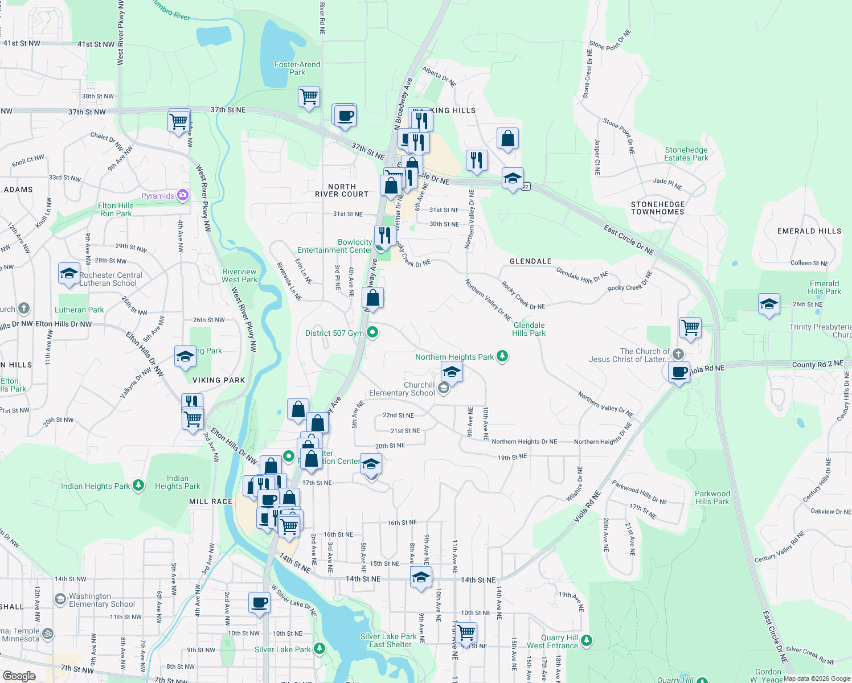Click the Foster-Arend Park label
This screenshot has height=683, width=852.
(297, 68)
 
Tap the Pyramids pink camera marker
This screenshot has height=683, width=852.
(183, 195)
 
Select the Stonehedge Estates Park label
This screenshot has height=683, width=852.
(686, 154)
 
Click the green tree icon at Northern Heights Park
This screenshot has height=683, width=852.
(502, 356)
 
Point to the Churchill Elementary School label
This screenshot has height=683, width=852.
(402, 389)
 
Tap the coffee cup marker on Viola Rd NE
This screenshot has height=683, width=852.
(679, 373)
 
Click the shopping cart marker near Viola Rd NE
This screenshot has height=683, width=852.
(690, 328)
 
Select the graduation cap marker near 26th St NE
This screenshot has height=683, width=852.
(768, 304)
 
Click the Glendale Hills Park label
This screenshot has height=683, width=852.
(529, 329)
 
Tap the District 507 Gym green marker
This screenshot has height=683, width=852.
(372, 332)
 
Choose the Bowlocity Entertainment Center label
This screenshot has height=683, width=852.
(335, 246)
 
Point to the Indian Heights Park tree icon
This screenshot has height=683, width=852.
(138, 485)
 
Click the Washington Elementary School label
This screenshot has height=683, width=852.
(102, 600)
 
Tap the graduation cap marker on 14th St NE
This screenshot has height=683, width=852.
(421, 577)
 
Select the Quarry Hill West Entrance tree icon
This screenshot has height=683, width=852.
(587, 641)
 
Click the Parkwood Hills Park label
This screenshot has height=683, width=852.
(712, 497)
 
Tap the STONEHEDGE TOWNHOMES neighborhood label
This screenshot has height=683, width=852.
(658, 208)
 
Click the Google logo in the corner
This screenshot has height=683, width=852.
(19, 676)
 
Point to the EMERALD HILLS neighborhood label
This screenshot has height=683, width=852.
(809, 231)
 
